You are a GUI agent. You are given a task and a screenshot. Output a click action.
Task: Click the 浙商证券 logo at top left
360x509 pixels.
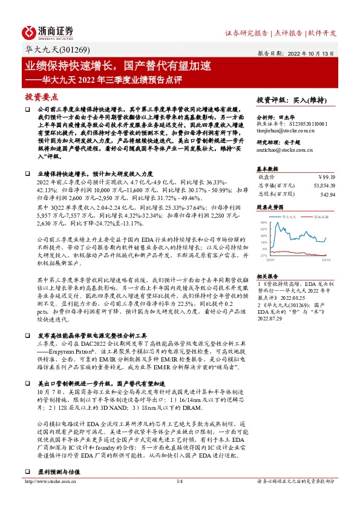(48, 31)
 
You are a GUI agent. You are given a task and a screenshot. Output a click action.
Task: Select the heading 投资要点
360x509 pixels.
(41, 96)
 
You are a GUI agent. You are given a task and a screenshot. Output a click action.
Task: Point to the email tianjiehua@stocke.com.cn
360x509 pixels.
(285, 129)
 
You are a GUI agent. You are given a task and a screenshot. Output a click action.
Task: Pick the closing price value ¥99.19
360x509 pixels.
(326, 177)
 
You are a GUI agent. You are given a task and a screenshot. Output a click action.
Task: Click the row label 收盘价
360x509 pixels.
(266, 177)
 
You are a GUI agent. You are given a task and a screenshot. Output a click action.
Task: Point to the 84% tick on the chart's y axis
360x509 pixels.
(263, 224)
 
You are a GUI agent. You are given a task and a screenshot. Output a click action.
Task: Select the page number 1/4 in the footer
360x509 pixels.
(180, 498)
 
